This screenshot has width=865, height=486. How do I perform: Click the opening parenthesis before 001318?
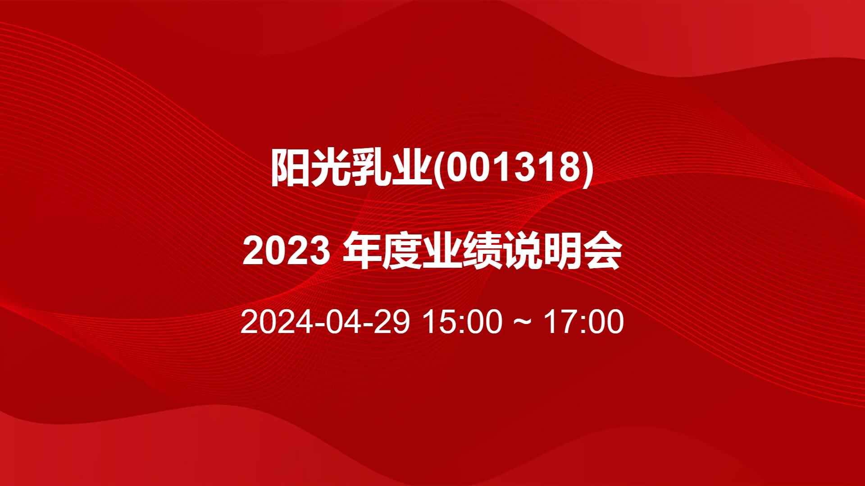pos(438,168)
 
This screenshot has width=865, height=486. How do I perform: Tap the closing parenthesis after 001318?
pos(588,168)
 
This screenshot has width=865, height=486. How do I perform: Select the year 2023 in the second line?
pos(287,251)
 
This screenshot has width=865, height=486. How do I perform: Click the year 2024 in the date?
pos(277,322)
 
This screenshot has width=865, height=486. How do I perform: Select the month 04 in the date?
pos(343,322)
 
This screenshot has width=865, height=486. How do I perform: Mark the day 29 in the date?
pos(392,322)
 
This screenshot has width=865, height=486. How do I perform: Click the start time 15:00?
pos(463,322)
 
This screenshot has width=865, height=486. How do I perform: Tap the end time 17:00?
pos(584,322)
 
